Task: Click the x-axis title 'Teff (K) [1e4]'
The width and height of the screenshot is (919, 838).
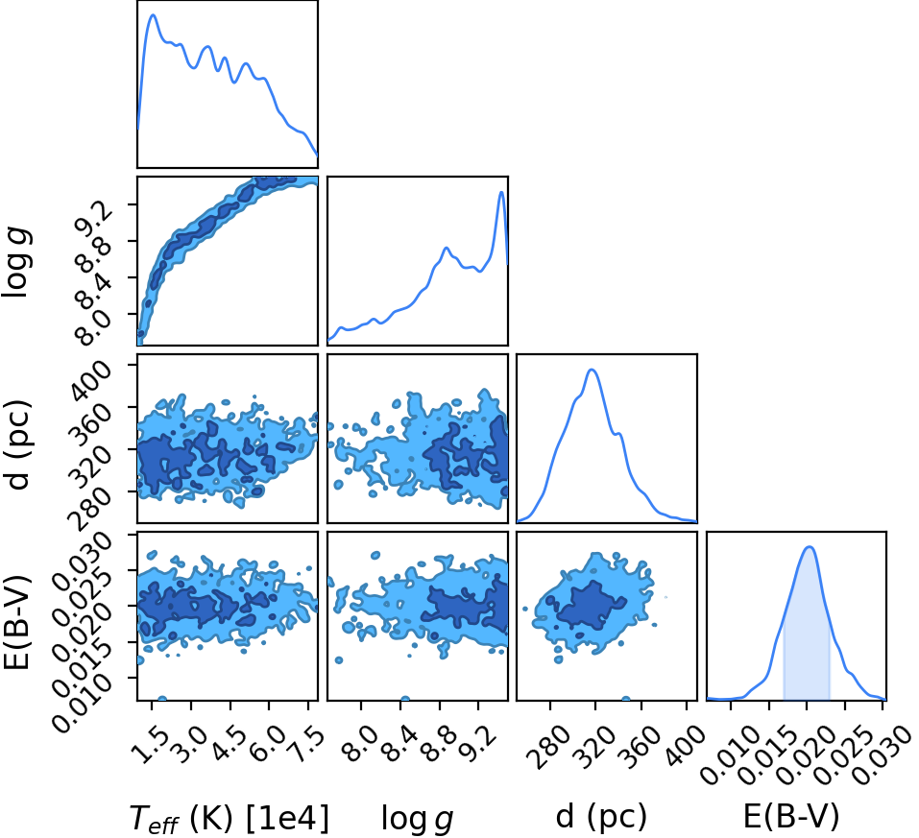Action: pyautogui.click(x=230, y=818)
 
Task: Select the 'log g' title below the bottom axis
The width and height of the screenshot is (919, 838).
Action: pyautogui.click(x=418, y=818)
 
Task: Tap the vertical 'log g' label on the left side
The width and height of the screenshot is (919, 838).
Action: pyautogui.click(x=17, y=263)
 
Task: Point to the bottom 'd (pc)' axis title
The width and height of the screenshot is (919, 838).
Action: pyautogui.click(x=601, y=816)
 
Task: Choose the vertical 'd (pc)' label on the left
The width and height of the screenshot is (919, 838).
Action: pyautogui.click(x=17, y=444)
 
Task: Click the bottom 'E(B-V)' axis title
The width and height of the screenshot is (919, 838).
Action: pyautogui.click(x=791, y=816)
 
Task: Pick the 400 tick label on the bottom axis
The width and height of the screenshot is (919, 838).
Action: pyautogui.click(x=681, y=744)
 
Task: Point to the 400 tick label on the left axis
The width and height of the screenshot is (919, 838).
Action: pyautogui.click(x=89, y=380)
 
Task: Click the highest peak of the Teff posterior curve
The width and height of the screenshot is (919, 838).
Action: pyautogui.click(x=153, y=15)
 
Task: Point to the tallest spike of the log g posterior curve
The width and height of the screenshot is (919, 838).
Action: pyautogui.click(x=501, y=192)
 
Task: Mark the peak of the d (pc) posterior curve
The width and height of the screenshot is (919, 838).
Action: pyautogui.click(x=592, y=370)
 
